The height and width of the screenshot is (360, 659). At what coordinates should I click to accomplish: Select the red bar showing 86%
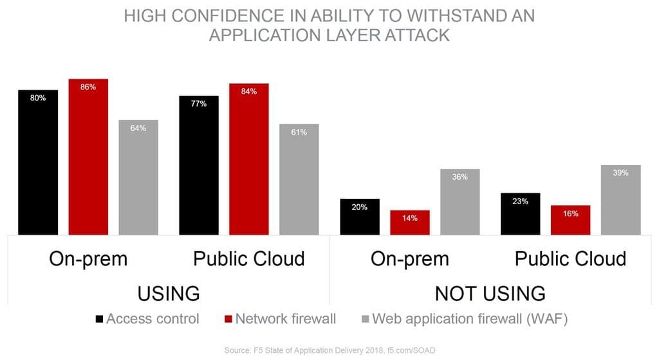click(x=88, y=157)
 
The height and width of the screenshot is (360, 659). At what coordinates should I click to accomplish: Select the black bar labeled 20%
click(x=360, y=217)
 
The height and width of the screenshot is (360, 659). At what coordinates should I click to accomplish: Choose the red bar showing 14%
click(x=410, y=223)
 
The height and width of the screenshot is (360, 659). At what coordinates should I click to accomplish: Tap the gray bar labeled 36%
click(x=460, y=202)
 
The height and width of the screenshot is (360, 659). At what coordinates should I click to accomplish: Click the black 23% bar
click(x=521, y=214)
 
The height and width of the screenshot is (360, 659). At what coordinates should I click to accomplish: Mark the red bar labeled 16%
click(x=571, y=220)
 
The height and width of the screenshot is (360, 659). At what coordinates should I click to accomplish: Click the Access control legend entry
click(x=147, y=319)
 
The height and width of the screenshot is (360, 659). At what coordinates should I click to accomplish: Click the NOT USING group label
click(x=490, y=293)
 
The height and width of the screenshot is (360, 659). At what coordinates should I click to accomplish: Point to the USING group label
click(x=169, y=293)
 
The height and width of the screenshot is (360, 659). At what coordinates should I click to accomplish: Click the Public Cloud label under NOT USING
click(x=570, y=259)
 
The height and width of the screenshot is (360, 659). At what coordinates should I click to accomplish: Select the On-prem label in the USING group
click(x=88, y=259)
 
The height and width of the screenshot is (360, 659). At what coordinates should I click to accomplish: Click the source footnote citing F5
click(x=329, y=350)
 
